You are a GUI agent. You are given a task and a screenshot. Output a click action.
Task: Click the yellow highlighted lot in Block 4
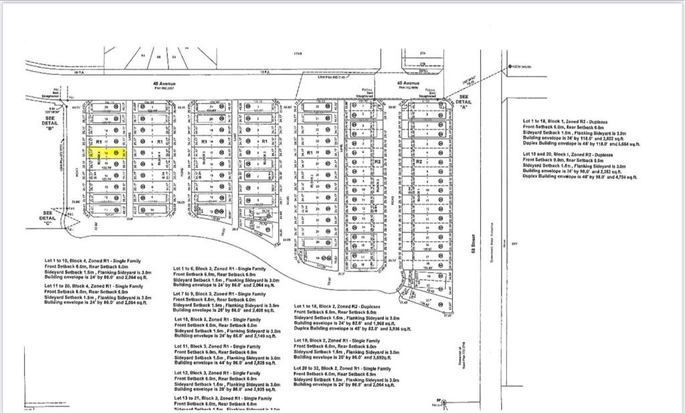click(107, 153)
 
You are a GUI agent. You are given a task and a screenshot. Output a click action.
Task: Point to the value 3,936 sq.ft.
click(384, 329)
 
